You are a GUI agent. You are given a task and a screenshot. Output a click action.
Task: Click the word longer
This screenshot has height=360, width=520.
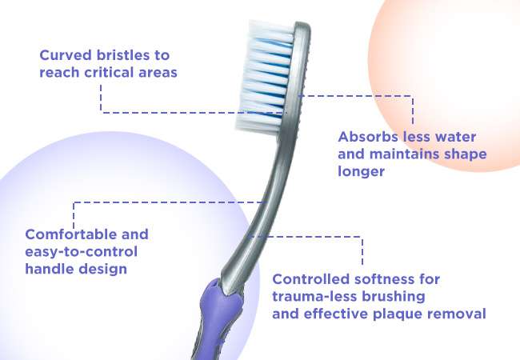coord(361,172)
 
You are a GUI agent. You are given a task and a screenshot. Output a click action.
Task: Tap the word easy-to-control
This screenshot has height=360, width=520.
coord(82,252)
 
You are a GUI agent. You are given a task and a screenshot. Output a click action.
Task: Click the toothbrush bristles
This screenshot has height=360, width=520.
coord(264,78)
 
